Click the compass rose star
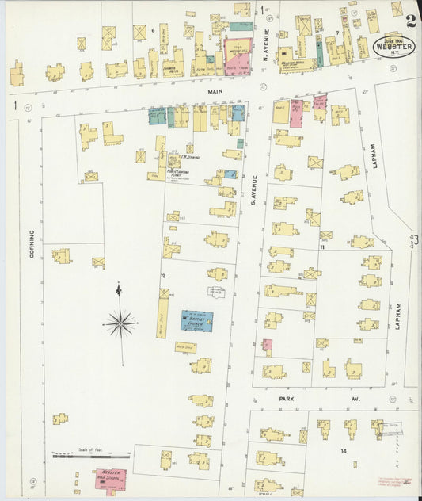pyautogui.click(x=120, y=323)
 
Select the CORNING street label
pyautogui.click(x=32, y=243)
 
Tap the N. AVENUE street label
pyautogui.click(x=268, y=40)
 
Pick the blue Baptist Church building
pyautogui.click(x=197, y=320)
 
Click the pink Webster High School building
pyautogui.click(x=110, y=477)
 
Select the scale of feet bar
pyautogui.click(x=83, y=456)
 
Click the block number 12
pyautogui.click(x=162, y=275)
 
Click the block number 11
pyautogui.click(x=322, y=247)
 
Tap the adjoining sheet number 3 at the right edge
pyautogui.click(x=414, y=238)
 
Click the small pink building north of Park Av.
pyautogui.click(x=268, y=346)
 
